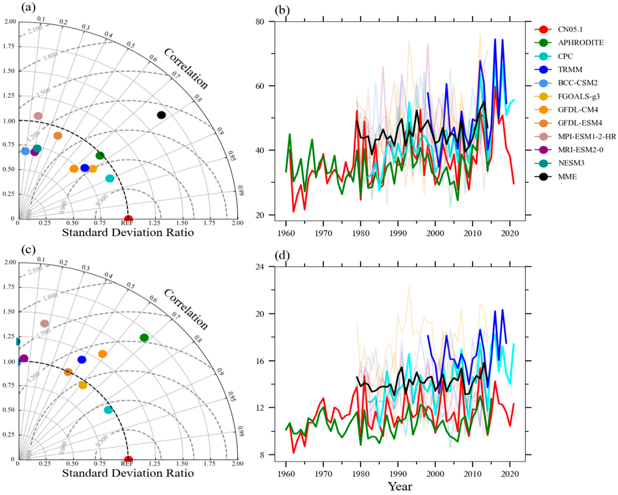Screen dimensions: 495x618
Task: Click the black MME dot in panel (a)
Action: click(x=161, y=115)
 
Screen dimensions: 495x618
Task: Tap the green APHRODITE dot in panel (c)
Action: click(x=144, y=337)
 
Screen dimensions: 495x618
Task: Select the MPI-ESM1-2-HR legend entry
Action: click(x=586, y=136)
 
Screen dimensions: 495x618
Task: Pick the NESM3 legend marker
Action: click(x=543, y=163)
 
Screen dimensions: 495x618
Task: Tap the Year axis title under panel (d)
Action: click(x=400, y=486)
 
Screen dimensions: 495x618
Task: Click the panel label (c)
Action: click(x=28, y=249)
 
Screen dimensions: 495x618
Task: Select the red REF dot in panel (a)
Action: click(x=128, y=218)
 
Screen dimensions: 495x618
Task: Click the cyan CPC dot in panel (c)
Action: click(x=108, y=410)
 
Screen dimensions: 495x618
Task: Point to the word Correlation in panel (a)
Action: click(x=186, y=69)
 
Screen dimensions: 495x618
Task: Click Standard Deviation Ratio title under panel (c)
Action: click(x=128, y=473)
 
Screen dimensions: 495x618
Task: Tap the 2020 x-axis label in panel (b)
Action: click(x=510, y=233)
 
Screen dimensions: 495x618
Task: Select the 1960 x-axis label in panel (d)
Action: click(x=286, y=474)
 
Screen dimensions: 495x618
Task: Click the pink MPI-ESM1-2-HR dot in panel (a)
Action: click(x=38, y=116)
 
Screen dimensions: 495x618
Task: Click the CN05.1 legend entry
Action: click(x=570, y=29)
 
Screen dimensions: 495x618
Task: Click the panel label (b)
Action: click(x=282, y=10)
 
